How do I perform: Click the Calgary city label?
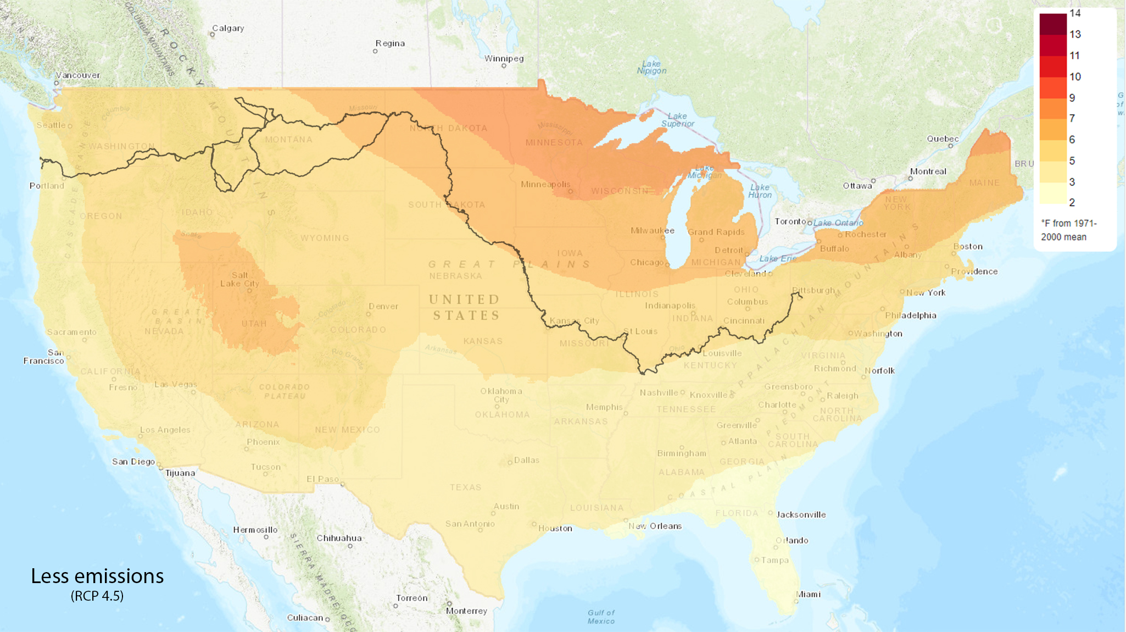[228, 28]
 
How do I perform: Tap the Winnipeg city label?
[504, 58]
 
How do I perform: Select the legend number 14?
[1075, 13]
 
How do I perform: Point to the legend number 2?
[1072, 202]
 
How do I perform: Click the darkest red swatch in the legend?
[1052, 24]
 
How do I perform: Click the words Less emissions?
[97, 576]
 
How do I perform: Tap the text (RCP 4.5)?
[97, 596]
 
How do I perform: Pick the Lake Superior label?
[677, 120]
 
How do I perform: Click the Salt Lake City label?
[239, 279]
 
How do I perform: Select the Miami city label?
[808, 594]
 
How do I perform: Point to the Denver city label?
[383, 306]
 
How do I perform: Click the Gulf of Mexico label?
[601, 617]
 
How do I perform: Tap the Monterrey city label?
[466, 611]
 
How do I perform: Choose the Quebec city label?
[943, 138]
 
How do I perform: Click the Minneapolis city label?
[545, 184]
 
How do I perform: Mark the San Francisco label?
[44, 357]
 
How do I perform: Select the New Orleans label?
[655, 526]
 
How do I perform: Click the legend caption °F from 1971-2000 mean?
[1068, 230]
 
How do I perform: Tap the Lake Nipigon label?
[651, 67]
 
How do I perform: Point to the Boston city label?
[968, 246]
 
